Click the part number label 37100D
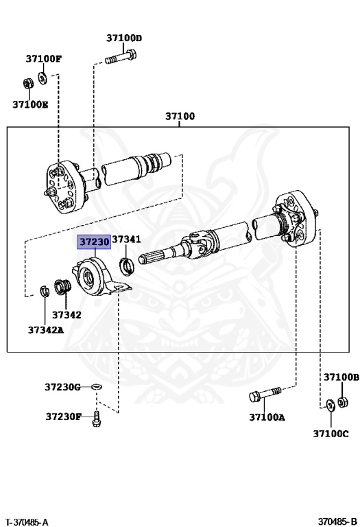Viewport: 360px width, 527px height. [x=124, y=38]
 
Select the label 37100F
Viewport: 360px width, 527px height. [x=44, y=59]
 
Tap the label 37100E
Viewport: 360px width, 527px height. [x=30, y=104]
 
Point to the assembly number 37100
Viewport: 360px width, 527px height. [x=180, y=116]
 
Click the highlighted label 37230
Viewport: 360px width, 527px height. [x=94, y=242]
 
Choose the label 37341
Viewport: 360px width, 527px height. [x=126, y=239]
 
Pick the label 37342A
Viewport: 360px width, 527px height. [x=46, y=329]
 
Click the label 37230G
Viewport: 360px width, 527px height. [x=63, y=387]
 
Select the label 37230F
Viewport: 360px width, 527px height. [x=64, y=416]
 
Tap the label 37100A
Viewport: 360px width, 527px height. [x=267, y=417]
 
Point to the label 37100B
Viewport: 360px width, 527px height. [x=341, y=377]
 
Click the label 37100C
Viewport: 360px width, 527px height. [x=331, y=433]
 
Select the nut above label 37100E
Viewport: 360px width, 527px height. [x=28, y=84]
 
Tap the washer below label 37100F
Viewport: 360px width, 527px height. [x=43, y=77]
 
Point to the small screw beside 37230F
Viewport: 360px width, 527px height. [x=96, y=417]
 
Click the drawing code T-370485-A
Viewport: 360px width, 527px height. [x=27, y=522]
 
